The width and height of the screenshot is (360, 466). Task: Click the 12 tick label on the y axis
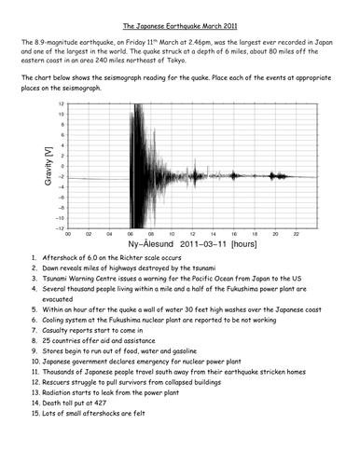tap(62, 103)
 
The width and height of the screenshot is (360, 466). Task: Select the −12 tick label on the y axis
tap(60, 227)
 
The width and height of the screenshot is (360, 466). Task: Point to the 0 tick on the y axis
tap(62, 166)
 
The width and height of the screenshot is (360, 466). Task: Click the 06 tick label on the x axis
tap(131, 233)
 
